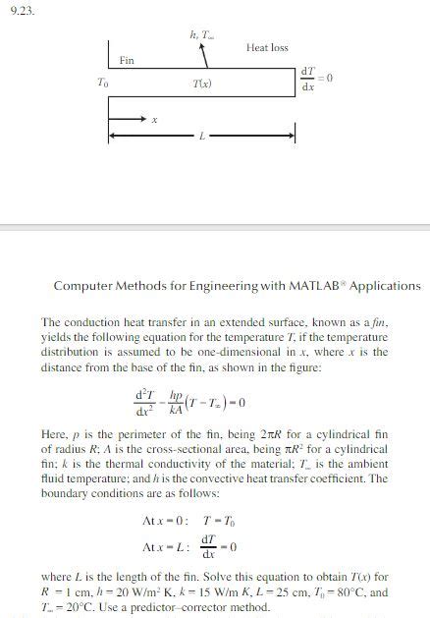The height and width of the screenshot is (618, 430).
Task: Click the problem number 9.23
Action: pos(21,12)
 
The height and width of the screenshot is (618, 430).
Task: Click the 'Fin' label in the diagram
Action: pos(127,61)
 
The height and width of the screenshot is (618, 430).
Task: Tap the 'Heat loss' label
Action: pos(267,47)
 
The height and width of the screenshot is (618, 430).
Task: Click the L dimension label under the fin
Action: pos(202,135)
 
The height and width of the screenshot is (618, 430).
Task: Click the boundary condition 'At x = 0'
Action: pos(165,519)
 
